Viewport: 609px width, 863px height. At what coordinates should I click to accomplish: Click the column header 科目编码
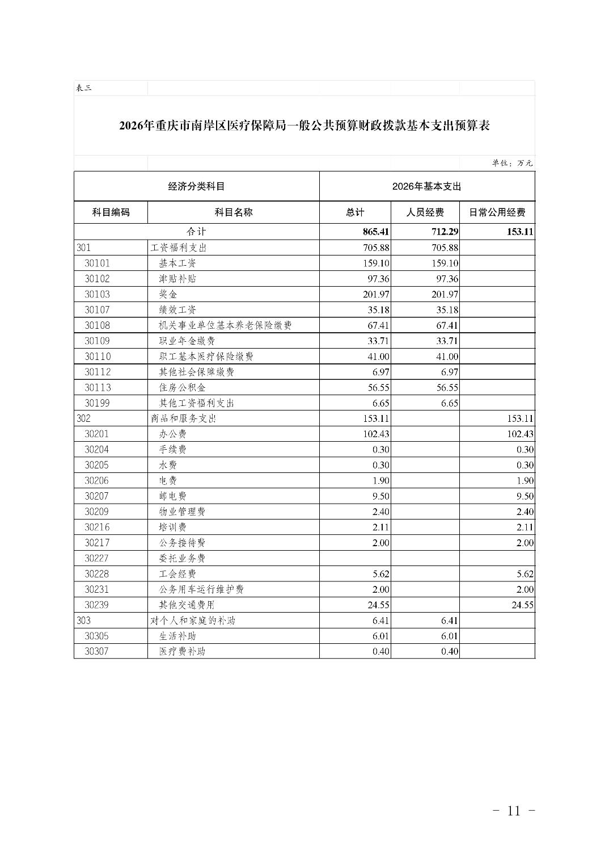111,212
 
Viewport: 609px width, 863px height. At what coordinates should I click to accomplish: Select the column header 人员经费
425,212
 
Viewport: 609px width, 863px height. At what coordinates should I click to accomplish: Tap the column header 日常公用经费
497,212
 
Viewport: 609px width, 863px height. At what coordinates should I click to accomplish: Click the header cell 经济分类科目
196,186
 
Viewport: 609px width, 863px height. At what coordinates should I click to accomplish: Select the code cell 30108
98,325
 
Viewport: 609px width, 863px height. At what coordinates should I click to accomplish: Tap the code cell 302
83,418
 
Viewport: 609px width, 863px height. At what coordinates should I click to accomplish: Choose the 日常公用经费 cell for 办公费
517,434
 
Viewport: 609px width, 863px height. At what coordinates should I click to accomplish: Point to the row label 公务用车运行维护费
201,589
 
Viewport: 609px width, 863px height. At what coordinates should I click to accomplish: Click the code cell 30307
97,651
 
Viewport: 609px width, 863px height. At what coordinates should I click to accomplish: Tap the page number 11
514,810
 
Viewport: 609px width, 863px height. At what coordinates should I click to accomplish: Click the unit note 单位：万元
512,163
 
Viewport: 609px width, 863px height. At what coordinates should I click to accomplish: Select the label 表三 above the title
83,88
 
